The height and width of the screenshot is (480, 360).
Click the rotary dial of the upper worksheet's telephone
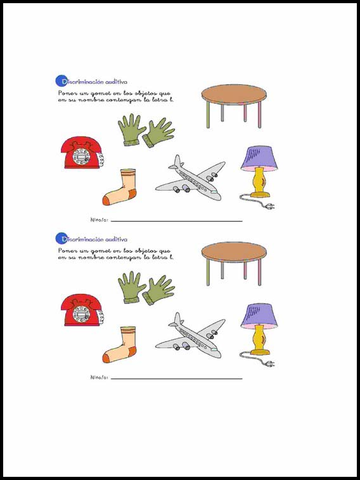pos(81,156)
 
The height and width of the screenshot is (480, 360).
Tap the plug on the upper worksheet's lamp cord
pos(270,207)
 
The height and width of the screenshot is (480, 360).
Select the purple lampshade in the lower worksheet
pos(259,315)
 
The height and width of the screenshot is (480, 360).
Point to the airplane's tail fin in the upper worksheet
pos(177,161)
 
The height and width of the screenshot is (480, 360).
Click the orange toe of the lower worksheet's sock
pos(106,358)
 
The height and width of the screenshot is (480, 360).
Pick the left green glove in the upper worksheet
pos(131,129)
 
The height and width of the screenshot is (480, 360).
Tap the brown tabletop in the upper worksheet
pos(234,94)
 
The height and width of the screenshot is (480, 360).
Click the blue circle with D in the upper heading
pos(61,81)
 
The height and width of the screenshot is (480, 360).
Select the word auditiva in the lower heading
pos(116,239)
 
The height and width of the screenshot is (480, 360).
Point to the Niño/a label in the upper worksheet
pos(100,220)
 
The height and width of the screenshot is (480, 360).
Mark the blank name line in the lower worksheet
pos(176,379)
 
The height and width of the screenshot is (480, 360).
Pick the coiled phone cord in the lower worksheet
pos(101,317)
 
